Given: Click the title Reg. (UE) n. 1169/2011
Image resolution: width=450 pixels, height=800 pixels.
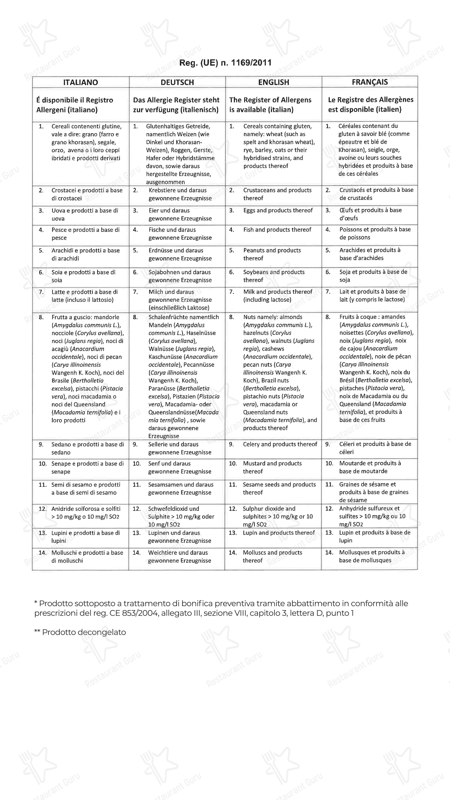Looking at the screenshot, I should [225, 63].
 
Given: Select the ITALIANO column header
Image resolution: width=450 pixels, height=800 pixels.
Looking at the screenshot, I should [80, 82].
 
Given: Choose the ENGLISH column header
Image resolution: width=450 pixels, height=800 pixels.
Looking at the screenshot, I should [274, 82].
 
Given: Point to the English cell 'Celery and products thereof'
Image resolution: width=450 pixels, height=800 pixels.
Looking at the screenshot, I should [280, 444].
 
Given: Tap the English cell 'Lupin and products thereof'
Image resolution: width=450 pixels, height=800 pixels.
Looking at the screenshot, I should [279, 533].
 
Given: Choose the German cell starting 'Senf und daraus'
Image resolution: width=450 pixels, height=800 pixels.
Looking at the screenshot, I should [179, 467].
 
